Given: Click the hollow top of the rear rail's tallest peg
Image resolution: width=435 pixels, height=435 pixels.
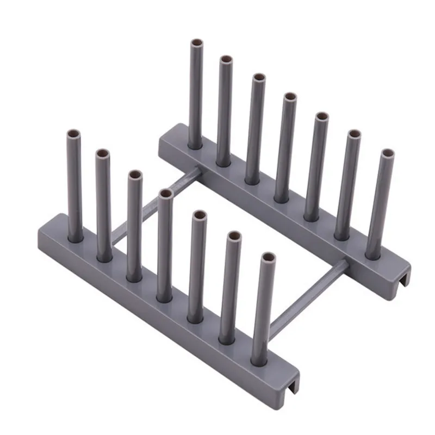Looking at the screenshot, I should [196, 43].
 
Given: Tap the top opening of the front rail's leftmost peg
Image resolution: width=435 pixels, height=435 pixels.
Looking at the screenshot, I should [74, 134].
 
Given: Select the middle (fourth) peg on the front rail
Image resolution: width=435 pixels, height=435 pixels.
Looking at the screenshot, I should [164, 245].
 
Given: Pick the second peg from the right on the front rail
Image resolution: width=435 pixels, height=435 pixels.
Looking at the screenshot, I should [231, 288].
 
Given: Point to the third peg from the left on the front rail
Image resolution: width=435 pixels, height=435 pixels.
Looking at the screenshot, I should [134, 226].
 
